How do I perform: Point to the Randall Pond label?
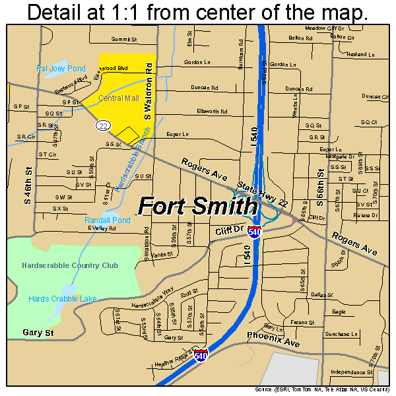point(107,219)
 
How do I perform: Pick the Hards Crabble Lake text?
point(63,299)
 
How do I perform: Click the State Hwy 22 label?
point(263,194)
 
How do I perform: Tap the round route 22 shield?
point(102,125)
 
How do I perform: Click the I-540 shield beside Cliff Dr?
point(255,232)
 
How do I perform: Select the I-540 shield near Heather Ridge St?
point(201,354)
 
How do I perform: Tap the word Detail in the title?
point(57,13)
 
